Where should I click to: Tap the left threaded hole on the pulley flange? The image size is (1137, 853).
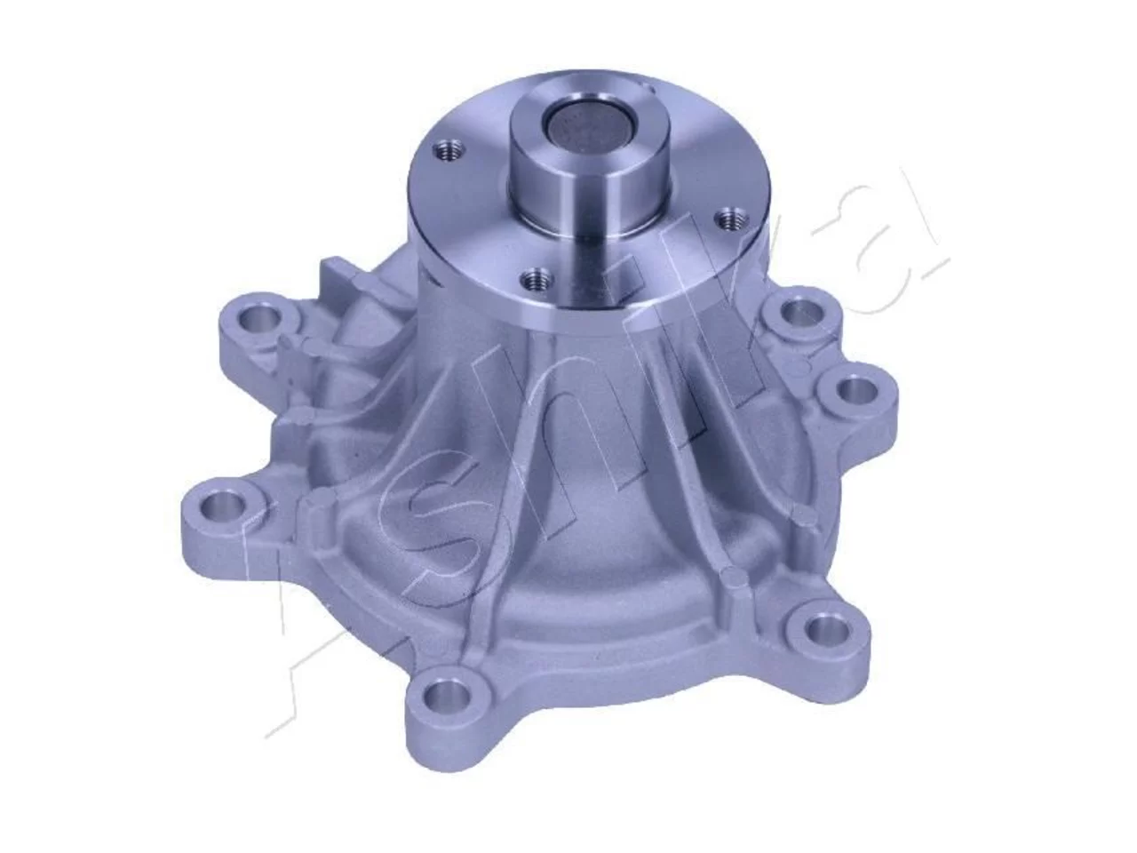448,151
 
